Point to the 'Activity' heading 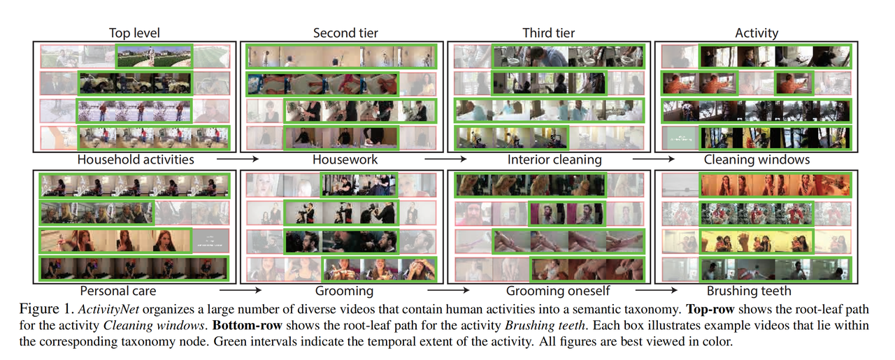(757, 33)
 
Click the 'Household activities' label (136, 159)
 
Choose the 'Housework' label (345, 159)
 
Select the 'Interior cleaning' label (554, 159)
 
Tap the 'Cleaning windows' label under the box (757, 159)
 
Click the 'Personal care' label (117, 291)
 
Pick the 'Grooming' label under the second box (345, 291)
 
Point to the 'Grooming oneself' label (558, 291)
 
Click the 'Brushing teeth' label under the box (749, 291)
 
